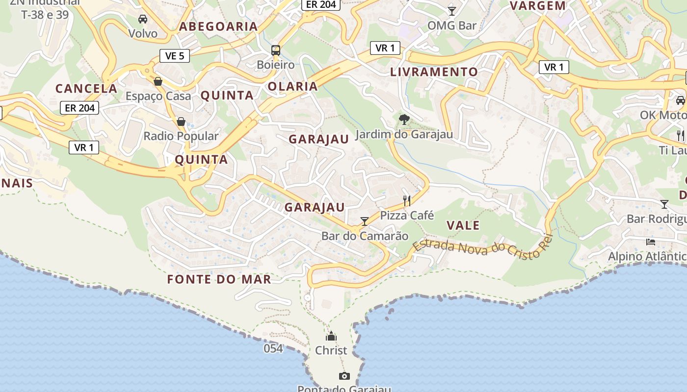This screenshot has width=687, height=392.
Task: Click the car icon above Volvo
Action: tap(143, 19)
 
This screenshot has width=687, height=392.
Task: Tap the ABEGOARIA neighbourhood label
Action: tap(218, 26)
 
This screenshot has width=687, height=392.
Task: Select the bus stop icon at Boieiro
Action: tap(276, 50)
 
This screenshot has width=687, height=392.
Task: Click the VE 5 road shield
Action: tap(175, 56)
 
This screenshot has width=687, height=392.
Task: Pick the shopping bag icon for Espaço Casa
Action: tap(158, 81)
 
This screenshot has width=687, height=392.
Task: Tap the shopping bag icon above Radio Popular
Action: tap(181, 121)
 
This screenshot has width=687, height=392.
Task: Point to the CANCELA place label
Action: tap(86, 89)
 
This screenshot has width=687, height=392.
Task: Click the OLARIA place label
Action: tap(293, 87)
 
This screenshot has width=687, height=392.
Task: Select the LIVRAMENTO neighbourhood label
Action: tap(434, 72)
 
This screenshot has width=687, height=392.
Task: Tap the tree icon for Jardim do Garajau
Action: tap(404, 119)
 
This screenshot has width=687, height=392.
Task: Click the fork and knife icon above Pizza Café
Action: tap(407, 200)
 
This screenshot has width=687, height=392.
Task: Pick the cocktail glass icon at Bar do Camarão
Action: tap(365, 221)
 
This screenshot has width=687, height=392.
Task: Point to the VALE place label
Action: tap(463, 225)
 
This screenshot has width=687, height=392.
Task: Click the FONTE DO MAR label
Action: tap(219, 279)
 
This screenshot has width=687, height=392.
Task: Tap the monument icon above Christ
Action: tap(331, 336)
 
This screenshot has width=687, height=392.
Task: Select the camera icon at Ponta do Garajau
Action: tap(344, 376)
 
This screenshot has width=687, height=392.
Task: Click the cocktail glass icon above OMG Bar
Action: tap(452, 11)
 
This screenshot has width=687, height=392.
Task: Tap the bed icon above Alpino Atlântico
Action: tap(651, 242)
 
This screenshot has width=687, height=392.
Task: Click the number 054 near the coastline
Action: tap(273, 348)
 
